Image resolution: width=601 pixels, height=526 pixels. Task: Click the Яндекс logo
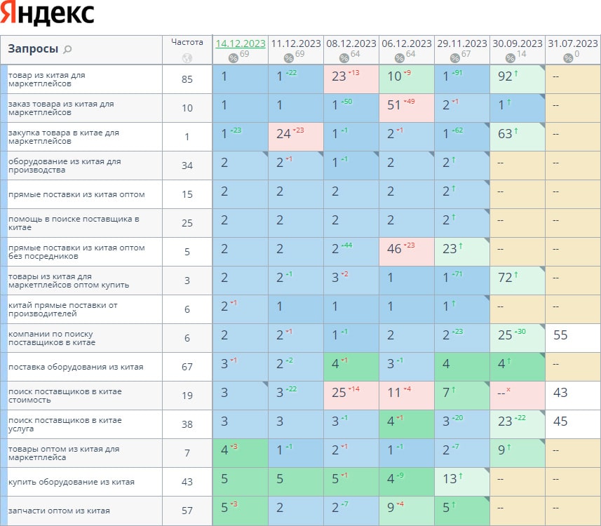pyautogui.click(x=48, y=14)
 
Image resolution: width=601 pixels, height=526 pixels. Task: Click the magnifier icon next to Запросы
pyautogui.click(x=67, y=49)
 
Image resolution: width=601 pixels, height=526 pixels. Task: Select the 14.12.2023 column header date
pyautogui.click(x=241, y=43)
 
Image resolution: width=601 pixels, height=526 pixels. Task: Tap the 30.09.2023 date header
pyautogui.click(x=517, y=43)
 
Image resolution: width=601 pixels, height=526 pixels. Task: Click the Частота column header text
pyautogui.click(x=187, y=42)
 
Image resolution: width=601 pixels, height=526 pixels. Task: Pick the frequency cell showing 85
pyautogui.click(x=187, y=79)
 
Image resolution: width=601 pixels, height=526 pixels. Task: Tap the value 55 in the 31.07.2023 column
pyautogui.click(x=560, y=335)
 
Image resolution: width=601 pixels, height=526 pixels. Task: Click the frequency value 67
pyautogui.click(x=187, y=367)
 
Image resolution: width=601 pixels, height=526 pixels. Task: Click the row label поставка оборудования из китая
pyautogui.click(x=76, y=367)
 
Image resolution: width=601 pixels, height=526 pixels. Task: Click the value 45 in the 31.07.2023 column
pyautogui.click(x=560, y=422)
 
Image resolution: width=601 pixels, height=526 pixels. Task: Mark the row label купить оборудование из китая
pyautogui.click(x=72, y=482)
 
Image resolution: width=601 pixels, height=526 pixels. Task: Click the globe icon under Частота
pyautogui.click(x=187, y=58)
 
